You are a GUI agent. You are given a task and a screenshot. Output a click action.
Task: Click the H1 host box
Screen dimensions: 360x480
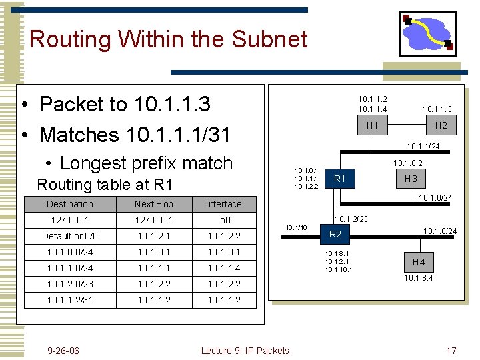[372, 125]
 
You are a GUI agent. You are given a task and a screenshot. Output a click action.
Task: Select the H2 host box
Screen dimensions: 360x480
[441, 125]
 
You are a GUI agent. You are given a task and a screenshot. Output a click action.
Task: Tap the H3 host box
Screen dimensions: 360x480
[411, 178]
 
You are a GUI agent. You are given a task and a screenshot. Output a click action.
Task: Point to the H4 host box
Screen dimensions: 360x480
[418, 262]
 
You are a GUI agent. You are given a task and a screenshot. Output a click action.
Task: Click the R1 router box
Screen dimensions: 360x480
[340, 178]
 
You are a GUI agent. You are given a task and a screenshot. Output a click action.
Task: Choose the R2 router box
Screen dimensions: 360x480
[335, 233]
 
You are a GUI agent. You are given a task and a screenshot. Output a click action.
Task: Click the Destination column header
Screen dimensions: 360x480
[69, 204]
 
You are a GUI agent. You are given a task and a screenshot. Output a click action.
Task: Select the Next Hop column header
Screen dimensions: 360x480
[153, 204]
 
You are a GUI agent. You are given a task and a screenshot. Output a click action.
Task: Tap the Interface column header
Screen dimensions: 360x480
[223, 204]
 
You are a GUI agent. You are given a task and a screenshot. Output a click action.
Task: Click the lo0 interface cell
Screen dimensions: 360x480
[223, 220]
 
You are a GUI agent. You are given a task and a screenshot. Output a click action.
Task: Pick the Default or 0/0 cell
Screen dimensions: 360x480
[69, 236]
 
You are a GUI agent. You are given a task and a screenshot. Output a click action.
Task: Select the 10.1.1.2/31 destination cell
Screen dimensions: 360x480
[69, 300]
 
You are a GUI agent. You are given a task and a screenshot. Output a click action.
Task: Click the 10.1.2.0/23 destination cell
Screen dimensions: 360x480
[69, 284]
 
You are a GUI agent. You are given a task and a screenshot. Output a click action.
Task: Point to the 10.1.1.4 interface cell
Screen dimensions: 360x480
[223, 268]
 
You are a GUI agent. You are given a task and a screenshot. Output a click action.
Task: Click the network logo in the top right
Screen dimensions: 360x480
[427, 33]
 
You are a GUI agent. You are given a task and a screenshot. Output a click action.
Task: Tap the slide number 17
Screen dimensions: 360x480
[451, 351]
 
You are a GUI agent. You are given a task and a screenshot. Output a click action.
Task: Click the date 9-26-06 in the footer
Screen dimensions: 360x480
[63, 351]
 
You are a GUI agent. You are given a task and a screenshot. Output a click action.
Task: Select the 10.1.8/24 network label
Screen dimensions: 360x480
[440, 231]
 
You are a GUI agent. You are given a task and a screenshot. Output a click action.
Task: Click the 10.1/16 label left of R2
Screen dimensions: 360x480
[296, 228]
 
